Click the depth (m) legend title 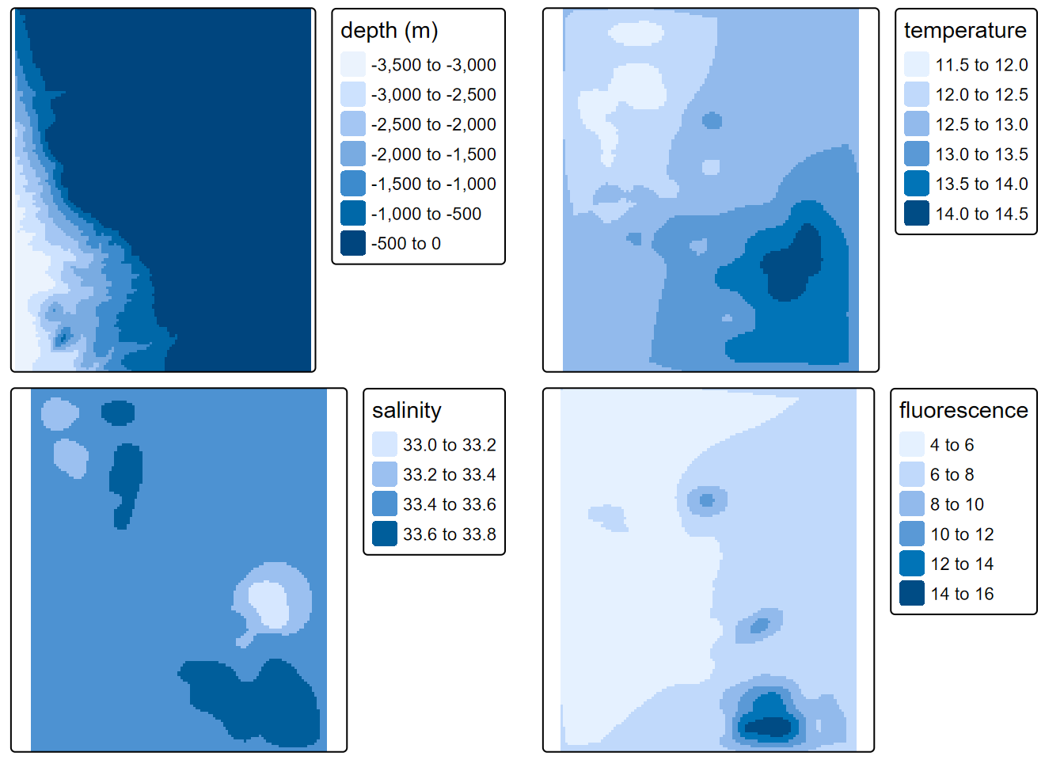pos(389,31)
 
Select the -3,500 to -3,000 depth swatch pos(353,65)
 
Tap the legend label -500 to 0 pos(405,244)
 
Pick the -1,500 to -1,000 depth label pos(433,184)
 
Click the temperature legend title pos(965,31)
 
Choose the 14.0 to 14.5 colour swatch pos(917,214)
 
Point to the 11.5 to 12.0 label pos(982,65)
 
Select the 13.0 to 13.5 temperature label pos(982,154)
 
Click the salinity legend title pos(407,411)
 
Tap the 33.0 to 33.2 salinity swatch pos(385,445)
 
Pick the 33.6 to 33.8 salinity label pos(449,534)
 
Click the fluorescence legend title pos(963,411)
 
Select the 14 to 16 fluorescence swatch pos(912,594)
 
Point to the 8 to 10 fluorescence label pos(957,504)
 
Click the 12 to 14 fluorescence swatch pos(912,564)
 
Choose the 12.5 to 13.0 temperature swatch pos(917,124)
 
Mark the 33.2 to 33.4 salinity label pos(449,475)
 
